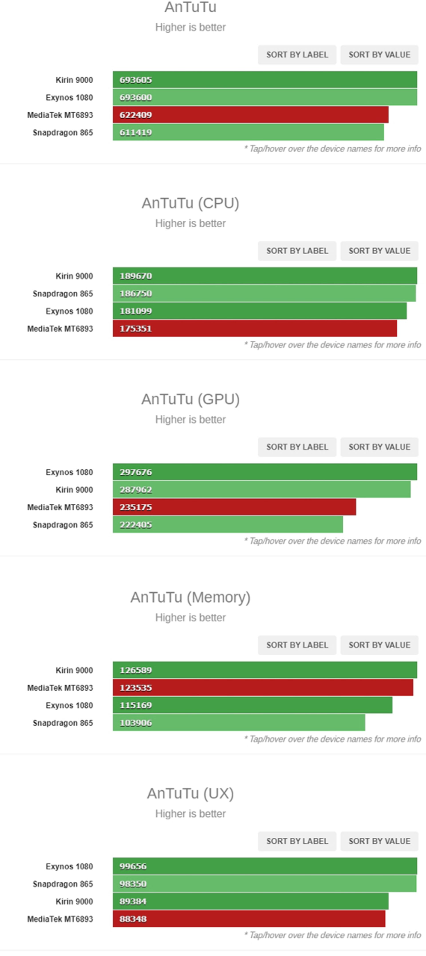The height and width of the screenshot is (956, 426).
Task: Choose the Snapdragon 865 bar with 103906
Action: click(x=239, y=723)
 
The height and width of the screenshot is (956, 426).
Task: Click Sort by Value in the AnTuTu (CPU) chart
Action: click(x=379, y=251)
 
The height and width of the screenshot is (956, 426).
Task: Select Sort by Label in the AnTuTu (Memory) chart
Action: click(x=297, y=645)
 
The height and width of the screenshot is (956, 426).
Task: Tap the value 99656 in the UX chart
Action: click(x=133, y=866)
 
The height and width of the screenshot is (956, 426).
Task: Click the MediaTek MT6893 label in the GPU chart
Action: click(x=60, y=507)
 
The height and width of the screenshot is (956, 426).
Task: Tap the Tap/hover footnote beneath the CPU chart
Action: click(x=332, y=345)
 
